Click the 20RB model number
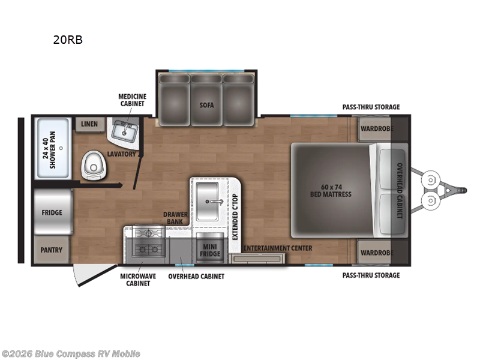[x=68, y=40]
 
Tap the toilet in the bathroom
[x=94, y=166]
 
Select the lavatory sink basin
[x=125, y=131]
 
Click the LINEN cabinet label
[x=89, y=124]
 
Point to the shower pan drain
[x=61, y=148]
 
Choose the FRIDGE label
[x=52, y=212]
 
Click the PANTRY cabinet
[x=52, y=250]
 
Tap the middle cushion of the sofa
[x=206, y=100]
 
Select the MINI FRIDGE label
[x=210, y=250]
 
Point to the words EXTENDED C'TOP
[x=235, y=217]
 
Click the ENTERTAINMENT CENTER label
[x=278, y=248]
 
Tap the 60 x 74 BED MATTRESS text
[x=331, y=190]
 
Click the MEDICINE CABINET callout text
[x=132, y=100]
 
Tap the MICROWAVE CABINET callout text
[x=138, y=280]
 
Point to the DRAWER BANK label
[x=175, y=218]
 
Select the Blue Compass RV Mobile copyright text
[x=70, y=354]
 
